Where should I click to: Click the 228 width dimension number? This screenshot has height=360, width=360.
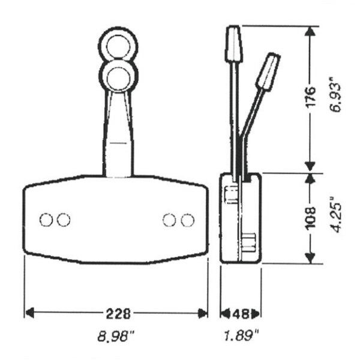pos(118,313)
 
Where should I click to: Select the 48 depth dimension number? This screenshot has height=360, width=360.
pos(241,314)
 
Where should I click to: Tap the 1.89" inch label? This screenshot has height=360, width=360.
pos(241,336)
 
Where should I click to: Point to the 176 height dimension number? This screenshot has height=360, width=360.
pos(311,97)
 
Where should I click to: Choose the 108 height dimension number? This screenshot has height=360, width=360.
pos(311,218)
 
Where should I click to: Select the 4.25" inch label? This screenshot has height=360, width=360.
pos(336,215)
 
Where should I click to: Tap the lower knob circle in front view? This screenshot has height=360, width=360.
pos(118,76)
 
